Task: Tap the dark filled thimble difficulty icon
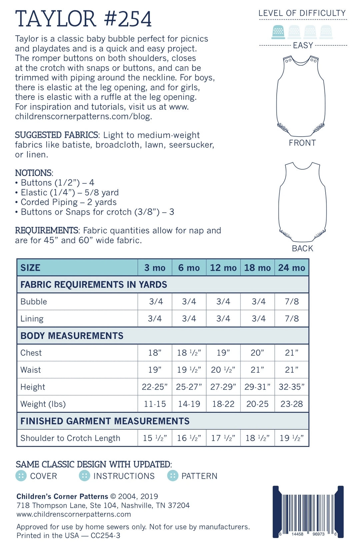click(278, 32)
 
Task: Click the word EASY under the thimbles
click(303, 45)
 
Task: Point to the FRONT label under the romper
click(302, 143)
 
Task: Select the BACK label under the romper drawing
click(302, 248)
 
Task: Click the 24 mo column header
click(292, 268)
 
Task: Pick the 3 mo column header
click(155, 268)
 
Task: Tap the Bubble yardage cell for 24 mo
click(292, 302)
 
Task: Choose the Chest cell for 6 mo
click(189, 353)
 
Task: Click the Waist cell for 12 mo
click(223, 370)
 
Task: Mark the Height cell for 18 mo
click(257, 387)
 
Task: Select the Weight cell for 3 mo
click(155, 404)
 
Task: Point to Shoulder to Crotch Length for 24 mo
click(292, 438)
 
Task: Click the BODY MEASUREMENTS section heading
click(72, 336)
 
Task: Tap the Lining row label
click(32, 319)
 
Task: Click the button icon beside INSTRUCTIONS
click(84, 476)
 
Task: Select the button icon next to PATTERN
click(173, 476)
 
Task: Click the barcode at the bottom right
click(308, 512)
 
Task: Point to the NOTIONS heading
click(34, 173)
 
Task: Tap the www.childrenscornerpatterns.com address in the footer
click(74, 514)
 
